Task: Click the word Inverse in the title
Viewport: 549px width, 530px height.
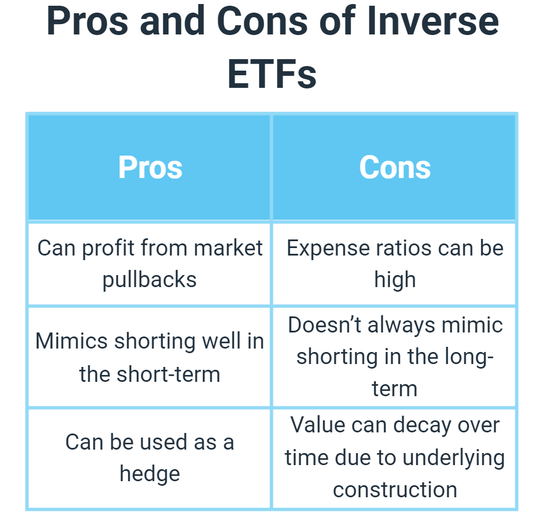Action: (x=433, y=21)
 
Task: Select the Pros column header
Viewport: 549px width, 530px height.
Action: (x=150, y=168)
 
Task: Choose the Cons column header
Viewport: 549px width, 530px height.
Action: (x=395, y=168)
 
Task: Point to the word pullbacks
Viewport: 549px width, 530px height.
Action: (x=149, y=280)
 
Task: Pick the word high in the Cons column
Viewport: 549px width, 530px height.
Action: (x=395, y=280)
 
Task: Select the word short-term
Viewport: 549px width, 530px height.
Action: (x=168, y=374)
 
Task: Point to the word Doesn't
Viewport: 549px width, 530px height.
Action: (x=325, y=325)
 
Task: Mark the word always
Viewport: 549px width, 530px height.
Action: (x=402, y=326)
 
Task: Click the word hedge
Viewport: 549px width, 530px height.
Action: (x=150, y=475)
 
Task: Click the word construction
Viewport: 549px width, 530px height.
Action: (x=395, y=490)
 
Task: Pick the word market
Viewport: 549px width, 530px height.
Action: (x=228, y=249)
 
